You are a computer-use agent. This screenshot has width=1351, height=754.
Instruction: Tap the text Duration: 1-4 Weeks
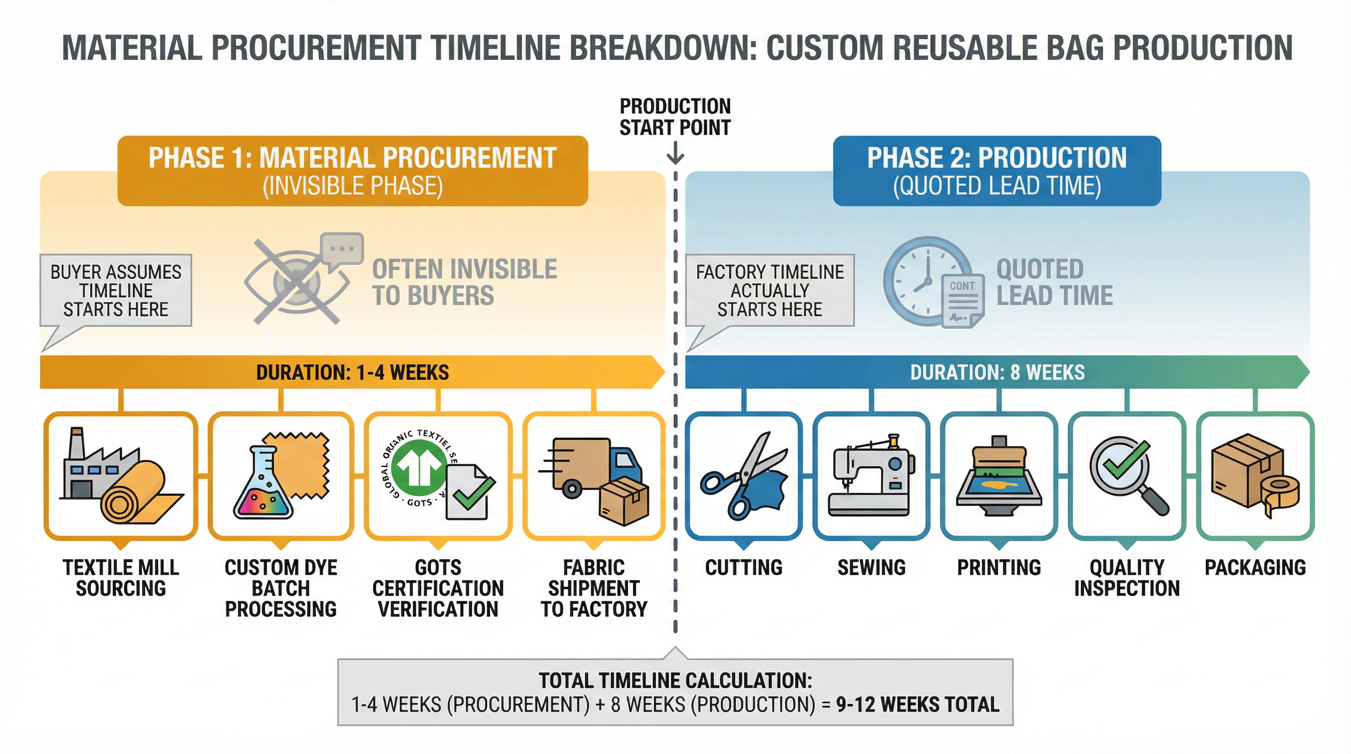coord(352,372)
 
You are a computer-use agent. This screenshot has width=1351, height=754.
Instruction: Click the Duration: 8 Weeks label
coord(997,372)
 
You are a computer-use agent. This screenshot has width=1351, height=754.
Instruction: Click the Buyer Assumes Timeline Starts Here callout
coord(116,291)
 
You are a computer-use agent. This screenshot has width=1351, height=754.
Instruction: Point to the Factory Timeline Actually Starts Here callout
coord(769,291)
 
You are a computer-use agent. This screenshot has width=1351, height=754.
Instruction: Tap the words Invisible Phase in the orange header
coord(352,186)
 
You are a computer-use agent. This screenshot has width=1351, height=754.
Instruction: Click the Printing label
coord(999,567)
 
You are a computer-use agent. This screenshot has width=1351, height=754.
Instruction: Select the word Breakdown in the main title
coord(663,48)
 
